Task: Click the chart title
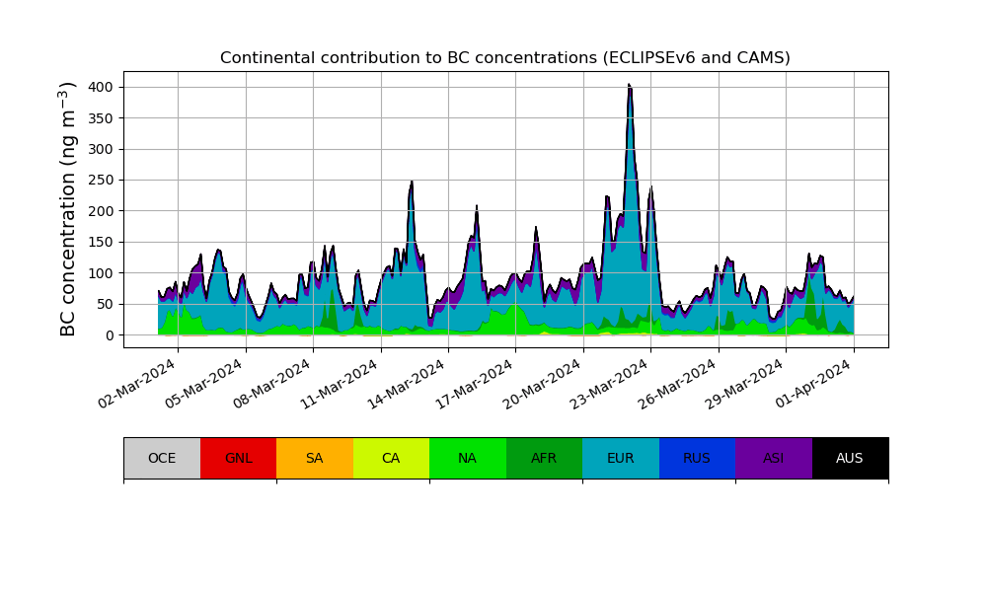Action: pos(504,58)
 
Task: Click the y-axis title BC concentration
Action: pos(68,209)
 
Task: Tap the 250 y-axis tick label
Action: pos(99,180)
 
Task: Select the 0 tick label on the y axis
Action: pos(109,335)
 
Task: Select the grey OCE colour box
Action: pos(162,458)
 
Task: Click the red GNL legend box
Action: pos(238,458)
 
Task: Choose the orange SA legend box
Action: pos(315,458)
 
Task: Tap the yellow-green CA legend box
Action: pos(391,458)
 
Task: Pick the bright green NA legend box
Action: pos(468,458)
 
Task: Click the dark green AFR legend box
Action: pos(544,458)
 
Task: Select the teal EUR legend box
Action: pos(621,458)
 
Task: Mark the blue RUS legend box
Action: pos(697,458)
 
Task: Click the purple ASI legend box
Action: pos(774,458)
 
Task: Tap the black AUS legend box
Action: pos(850,458)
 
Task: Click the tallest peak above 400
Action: pos(630,86)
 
